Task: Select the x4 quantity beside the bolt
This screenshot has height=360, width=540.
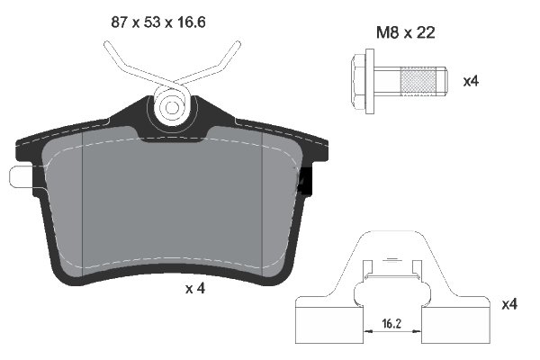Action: [470, 81]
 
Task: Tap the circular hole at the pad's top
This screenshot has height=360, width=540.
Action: [171, 107]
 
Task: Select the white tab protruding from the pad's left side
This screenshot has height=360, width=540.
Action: [19, 176]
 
